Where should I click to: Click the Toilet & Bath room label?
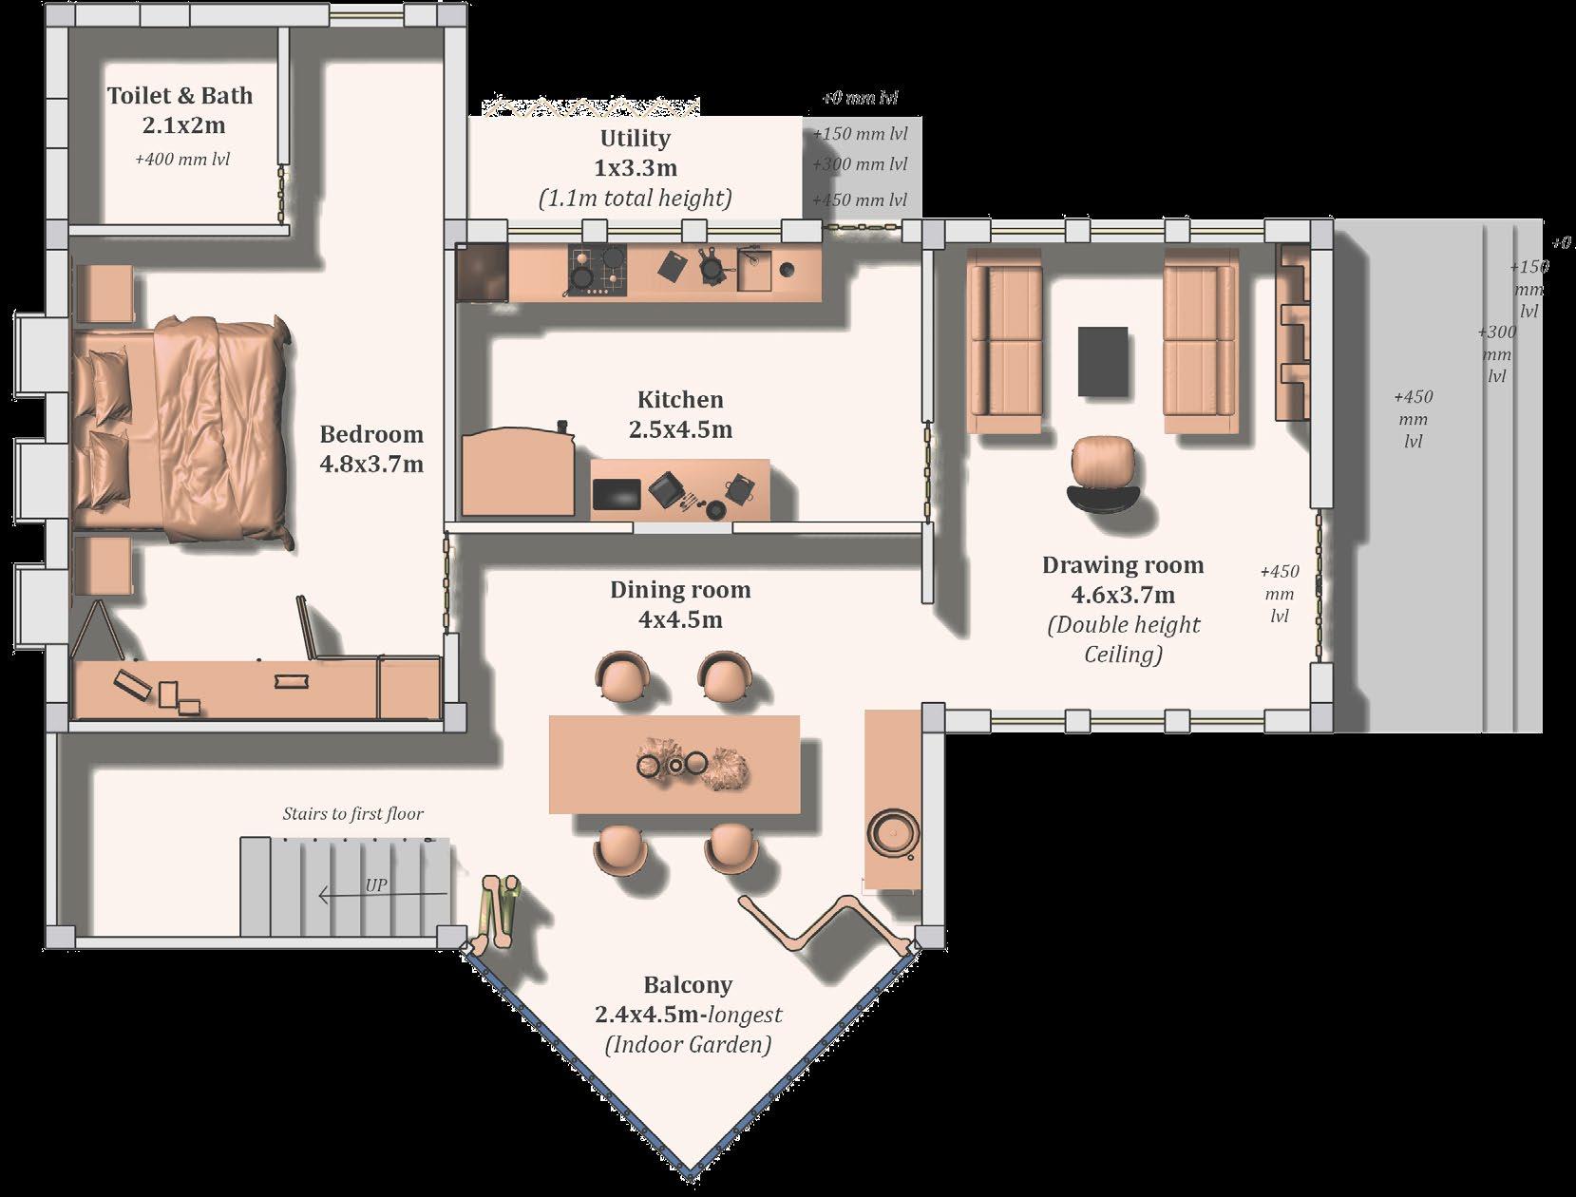180,96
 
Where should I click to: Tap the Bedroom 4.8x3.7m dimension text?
371,465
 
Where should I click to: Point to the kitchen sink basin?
754,269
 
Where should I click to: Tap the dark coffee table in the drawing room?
1103,361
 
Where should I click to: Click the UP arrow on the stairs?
383,895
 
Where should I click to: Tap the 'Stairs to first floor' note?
352,813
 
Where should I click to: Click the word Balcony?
688,984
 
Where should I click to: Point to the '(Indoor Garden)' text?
688,1044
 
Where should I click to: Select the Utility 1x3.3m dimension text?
636,168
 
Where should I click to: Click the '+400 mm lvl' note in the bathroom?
182,159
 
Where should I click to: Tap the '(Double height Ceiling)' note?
1123,639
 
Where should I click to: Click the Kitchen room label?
680,399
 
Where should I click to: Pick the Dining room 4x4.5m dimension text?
680,619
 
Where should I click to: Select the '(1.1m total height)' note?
636,199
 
